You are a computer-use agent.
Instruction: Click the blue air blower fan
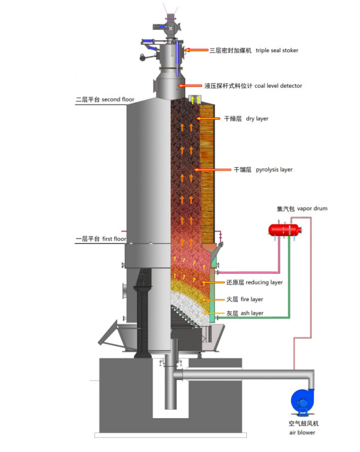coord(302,403)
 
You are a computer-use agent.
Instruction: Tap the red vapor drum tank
coord(285,230)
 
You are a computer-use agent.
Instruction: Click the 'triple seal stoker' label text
coord(277,51)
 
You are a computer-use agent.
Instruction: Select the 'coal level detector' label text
coord(278,86)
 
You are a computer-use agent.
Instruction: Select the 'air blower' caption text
coord(302,432)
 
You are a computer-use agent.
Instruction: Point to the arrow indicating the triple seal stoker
coord(196,50)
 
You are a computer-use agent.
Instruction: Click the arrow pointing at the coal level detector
coord(190,86)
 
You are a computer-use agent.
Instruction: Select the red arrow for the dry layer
coord(208,118)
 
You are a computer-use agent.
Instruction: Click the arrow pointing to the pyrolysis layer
coord(213,170)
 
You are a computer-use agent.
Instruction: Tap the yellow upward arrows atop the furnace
coord(195,100)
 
